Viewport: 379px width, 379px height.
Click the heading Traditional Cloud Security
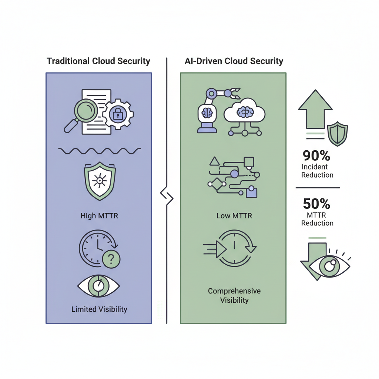pyautogui.click(x=98, y=61)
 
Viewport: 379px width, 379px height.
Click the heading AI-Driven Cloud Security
pyautogui.click(x=234, y=61)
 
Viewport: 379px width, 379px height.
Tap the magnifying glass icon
pyautogui.click(x=82, y=114)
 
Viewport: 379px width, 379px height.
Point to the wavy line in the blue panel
pyautogui.click(x=99, y=151)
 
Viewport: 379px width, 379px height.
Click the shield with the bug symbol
pyautogui.click(x=100, y=181)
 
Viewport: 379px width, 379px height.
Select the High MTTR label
pyautogui.click(x=99, y=216)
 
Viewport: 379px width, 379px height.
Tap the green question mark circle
pyautogui.click(x=111, y=259)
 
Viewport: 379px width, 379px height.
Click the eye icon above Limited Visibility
pyautogui.click(x=98, y=286)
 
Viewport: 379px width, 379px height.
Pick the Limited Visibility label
pyautogui.click(x=99, y=309)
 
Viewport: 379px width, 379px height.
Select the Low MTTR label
pyautogui.click(x=234, y=216)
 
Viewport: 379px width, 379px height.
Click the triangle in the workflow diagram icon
pyautogui.click(x=214, y=161)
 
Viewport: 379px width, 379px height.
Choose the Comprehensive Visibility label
pyautogui.click(x=234, y=295)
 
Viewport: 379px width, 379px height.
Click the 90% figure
pyautogui.click(x=316, y=156)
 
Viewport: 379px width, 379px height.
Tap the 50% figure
pyautogui.click(x=316, y=204)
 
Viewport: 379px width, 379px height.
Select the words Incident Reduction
pyautogui.click(x=317, y=171)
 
